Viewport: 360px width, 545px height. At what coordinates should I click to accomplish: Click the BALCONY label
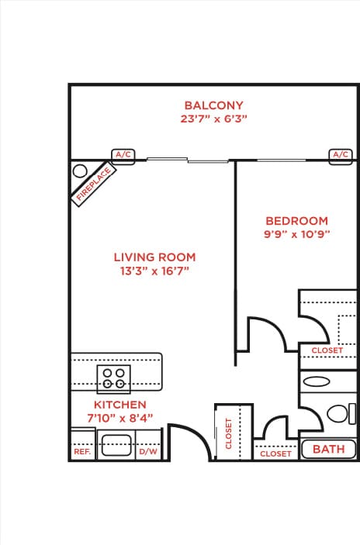[x=213, y=105]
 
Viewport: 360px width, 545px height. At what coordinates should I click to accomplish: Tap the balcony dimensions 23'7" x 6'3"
[x=213, y=120]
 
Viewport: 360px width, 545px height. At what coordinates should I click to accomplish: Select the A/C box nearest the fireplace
[x=123, y=155]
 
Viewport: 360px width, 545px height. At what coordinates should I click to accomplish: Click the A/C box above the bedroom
[x=340, y=155]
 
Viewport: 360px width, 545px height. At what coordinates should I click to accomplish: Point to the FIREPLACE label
[x=92, y=186]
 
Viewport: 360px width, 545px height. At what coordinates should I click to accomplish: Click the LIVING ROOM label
[x=154, y=257]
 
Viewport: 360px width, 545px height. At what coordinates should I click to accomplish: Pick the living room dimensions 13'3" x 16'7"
[x=154, y=271]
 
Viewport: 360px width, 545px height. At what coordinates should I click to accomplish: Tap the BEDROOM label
[x=296, y=221]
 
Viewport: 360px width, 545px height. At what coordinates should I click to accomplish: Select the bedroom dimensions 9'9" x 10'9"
[x=296, y=235]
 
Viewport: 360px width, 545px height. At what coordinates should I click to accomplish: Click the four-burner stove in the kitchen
[x=114, y=378]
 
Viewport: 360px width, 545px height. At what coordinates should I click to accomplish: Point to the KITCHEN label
[x=119, y=405]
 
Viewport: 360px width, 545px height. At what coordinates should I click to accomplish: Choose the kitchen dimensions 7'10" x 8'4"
[x=119, y=419]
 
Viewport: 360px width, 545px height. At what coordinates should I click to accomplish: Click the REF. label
[x=82, y=451]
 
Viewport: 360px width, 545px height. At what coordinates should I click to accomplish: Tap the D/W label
[x=147, y=451]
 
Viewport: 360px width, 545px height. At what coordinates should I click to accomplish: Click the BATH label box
[x=328, y=449]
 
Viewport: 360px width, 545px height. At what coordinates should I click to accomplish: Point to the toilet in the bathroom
[x=337, y=412]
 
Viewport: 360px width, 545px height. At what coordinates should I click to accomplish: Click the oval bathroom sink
[x=317, y=381]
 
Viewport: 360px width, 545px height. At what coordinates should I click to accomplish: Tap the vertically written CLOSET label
[x=229, y=433]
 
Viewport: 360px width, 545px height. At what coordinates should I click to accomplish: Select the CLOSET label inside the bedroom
[x=327, y=350]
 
